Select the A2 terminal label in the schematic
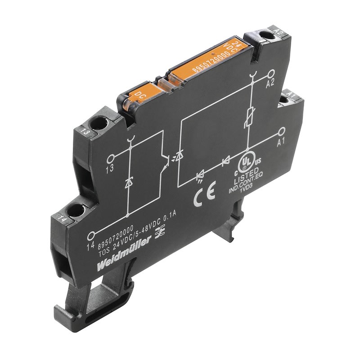[270, 84]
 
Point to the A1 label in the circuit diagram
[281, 142]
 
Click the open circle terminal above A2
[271, 73]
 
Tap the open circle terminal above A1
[282, 131]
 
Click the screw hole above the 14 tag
[76, 209]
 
